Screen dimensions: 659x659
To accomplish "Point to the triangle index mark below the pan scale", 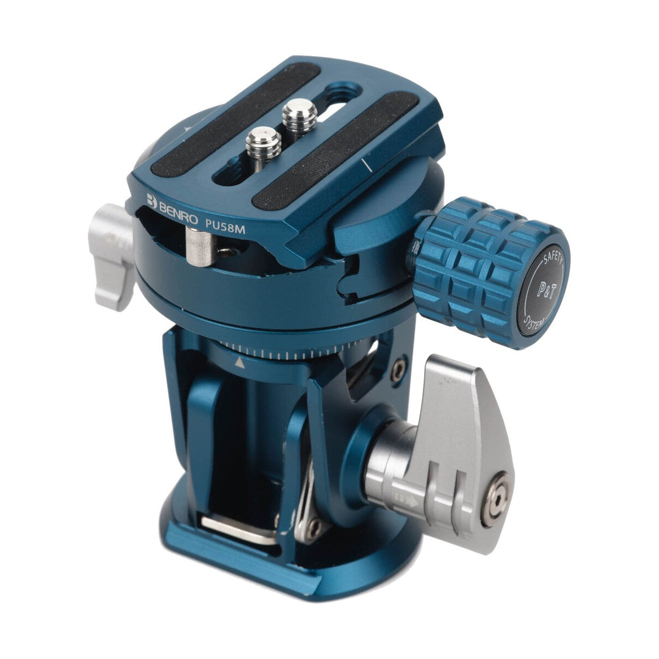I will pos(239,363).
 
